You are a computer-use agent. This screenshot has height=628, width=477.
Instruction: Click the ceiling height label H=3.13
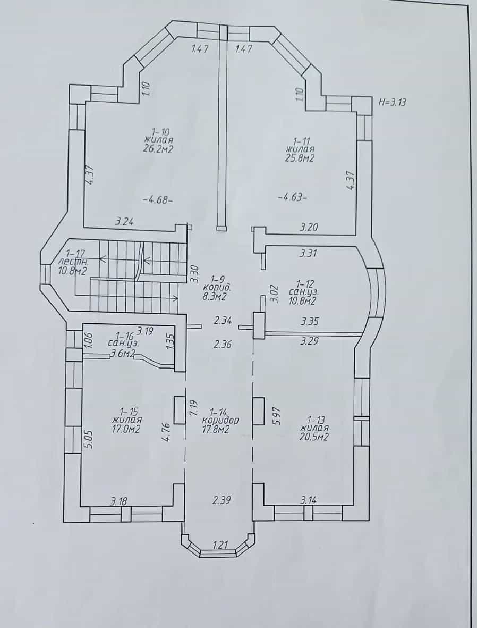[x=393, y=102]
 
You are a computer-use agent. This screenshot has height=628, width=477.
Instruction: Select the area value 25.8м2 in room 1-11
[x=300, y=158]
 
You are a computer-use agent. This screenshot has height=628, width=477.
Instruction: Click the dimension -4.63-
[x=293, y=197]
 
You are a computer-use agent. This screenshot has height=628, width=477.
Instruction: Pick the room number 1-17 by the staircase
[x=75, y=253]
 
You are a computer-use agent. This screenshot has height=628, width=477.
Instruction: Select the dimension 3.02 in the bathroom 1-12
[x=274, y=294]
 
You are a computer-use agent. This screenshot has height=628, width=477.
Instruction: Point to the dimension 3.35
[x=310, y=321]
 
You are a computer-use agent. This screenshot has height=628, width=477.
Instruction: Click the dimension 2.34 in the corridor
[x=223, y=321]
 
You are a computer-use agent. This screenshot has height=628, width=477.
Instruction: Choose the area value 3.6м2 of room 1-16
[x=122, y=353]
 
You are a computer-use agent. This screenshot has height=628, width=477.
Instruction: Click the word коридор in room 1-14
[x=220, y=421]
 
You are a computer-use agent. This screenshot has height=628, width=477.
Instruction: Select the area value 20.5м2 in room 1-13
[x=314, y=437]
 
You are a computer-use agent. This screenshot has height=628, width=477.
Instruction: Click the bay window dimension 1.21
[x=220, y=545]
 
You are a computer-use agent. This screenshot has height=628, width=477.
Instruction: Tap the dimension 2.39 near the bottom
[x=222, y=500]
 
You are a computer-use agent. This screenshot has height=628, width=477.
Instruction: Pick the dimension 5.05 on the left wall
[x=89, y=439]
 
